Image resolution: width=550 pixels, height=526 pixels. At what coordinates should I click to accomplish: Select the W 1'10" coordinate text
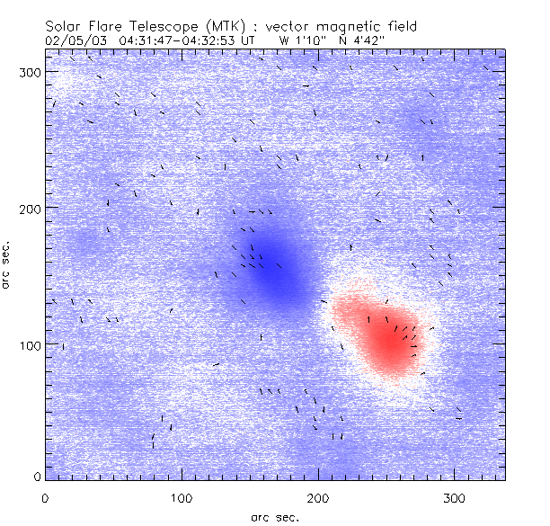pyautogui.click(x=302, y=41)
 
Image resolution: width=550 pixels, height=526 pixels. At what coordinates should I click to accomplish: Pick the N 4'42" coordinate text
pyautogui.click(x=358, y=41)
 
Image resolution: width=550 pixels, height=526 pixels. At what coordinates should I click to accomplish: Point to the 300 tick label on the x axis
pyautogui.click(x=454, y=496)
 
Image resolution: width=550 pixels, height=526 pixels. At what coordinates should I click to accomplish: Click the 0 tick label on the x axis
pyautogui.click(x=45, y=496)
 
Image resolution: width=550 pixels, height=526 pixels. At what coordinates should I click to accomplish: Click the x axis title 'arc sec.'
pyautogui.click(x=274, y=516)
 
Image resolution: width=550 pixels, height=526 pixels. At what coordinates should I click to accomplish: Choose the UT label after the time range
pyautogui.click(x=249, y=41)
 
